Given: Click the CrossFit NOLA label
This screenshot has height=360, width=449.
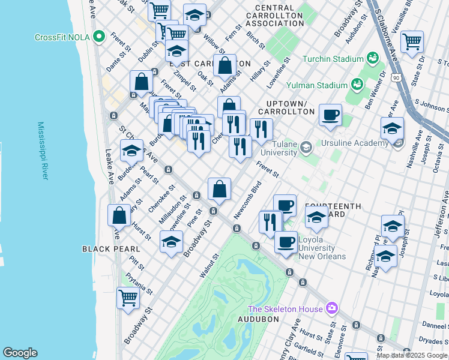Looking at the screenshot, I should pos(62,37).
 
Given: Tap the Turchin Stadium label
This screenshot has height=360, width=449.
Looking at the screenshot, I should pos(333,59).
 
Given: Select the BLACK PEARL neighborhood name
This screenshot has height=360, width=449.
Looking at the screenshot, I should pos(111,248).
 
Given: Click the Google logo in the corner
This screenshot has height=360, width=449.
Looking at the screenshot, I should pos(20,353).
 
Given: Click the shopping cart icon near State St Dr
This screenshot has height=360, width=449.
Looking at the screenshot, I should pos(412,42).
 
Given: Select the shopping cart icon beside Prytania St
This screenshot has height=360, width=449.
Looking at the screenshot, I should pos(128,298).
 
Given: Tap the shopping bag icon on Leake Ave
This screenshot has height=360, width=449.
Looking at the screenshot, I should pos(119,215).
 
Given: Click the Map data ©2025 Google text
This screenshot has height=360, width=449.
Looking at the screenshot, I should pos(412,355).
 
